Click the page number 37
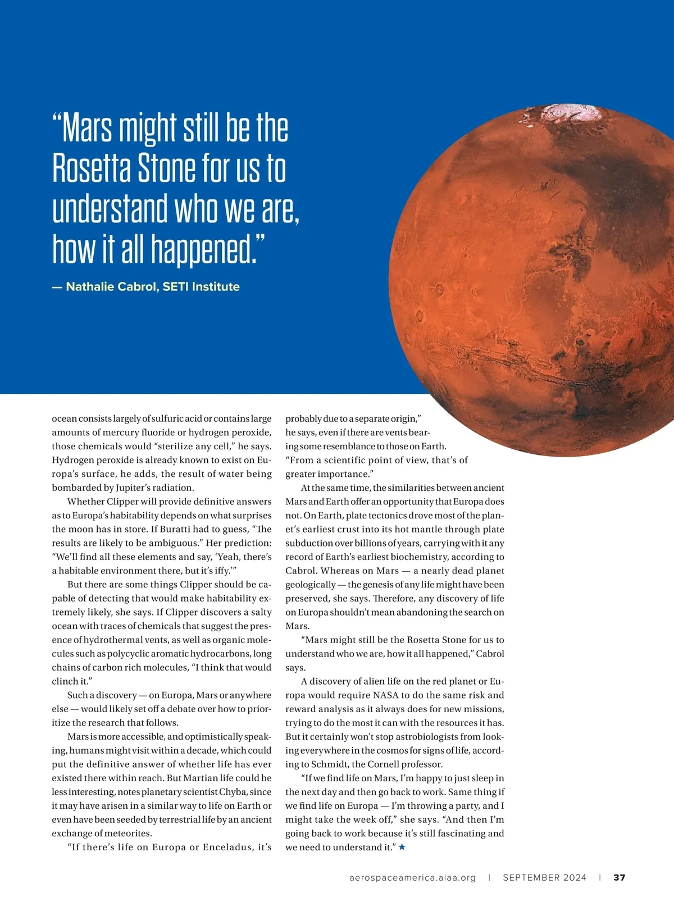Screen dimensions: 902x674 point(619,877)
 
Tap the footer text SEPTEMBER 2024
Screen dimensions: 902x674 point(544,877)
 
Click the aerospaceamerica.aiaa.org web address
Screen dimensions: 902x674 point(412,877)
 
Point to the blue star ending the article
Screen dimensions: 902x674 point(402,847)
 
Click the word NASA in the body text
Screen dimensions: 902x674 point(385,695)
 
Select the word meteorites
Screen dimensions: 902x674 point(129,833)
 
